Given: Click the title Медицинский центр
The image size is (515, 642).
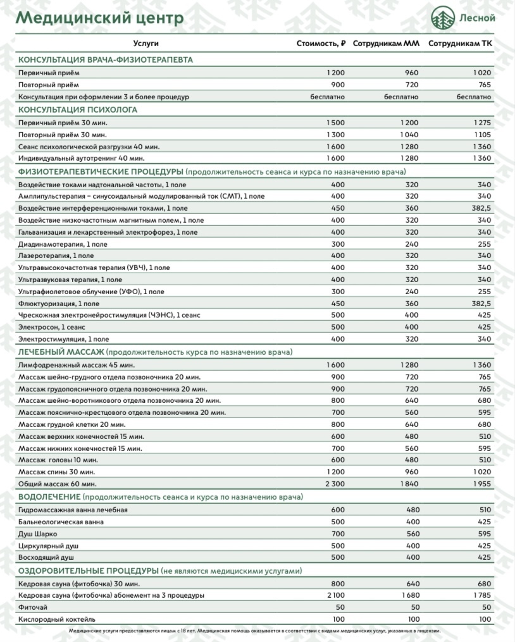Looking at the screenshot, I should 99,18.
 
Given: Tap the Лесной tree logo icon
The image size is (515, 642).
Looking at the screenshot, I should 443,18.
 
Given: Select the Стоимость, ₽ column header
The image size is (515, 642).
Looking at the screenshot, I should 321,44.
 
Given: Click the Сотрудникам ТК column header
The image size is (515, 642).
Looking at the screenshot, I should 460,44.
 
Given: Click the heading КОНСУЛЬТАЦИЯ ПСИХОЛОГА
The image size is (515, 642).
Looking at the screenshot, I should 78,109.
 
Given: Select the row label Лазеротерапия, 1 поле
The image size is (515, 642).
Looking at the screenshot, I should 56,256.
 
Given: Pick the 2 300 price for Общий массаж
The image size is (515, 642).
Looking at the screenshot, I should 335,484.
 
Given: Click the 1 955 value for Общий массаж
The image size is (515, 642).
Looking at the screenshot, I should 481,484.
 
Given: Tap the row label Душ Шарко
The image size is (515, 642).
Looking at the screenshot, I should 38,534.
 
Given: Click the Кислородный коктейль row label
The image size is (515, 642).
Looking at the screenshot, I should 57,619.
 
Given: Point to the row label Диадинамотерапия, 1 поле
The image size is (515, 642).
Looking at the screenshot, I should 63,244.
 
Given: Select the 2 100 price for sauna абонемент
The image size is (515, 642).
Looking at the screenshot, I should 335,595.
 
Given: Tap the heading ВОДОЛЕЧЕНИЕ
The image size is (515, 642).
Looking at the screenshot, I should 50,497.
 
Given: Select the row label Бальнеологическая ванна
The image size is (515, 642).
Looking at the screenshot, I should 61,522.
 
